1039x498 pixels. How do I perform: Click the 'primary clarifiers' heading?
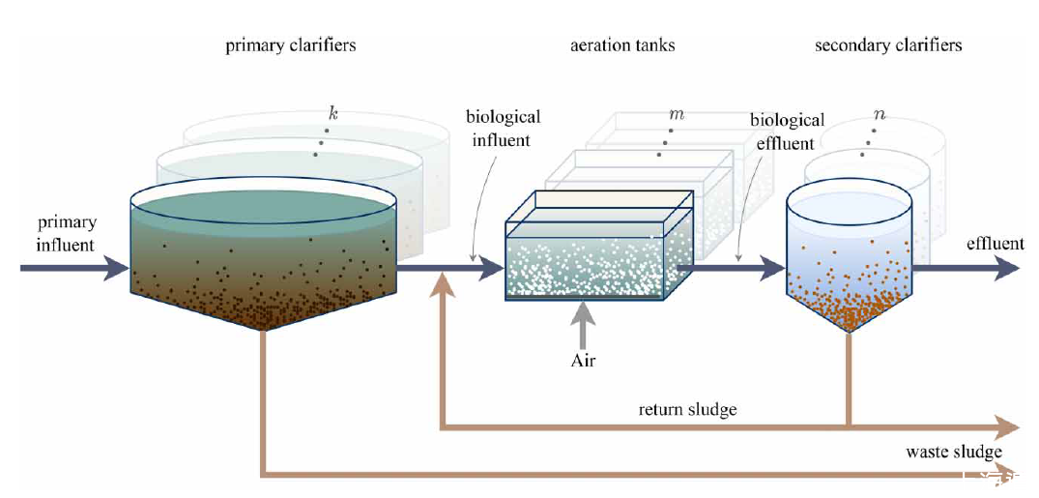[290, 45]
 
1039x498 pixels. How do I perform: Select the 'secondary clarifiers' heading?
[888, 45]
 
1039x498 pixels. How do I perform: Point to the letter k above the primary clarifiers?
[333, 114]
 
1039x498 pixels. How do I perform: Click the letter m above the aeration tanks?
[676, 114]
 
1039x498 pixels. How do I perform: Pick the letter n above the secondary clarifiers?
[879, 114]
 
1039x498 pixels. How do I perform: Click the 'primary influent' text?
[67, 233]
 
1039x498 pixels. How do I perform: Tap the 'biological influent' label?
[503, 129]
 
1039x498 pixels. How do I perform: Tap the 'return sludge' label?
[687, 409]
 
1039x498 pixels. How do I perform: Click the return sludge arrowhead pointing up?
[443, 283]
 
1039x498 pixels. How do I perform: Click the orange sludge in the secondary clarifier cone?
[849, 305]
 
